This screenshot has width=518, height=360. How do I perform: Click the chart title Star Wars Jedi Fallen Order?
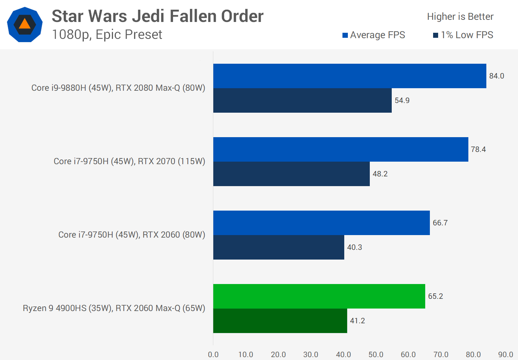[158, 17]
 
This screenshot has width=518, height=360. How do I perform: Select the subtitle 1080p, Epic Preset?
[107, 35]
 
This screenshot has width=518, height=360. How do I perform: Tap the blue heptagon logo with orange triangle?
[25, 24]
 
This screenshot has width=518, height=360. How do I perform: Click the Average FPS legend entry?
[374, 35]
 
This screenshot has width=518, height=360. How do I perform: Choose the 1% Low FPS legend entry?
[463, 35]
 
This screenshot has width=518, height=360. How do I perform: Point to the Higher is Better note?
[460, 17]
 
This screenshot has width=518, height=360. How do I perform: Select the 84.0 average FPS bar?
[350, 76]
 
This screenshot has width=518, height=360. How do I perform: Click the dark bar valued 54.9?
[302, 100]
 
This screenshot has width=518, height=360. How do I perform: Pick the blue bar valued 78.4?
[341, 149]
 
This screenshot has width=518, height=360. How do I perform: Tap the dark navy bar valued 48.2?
[291, 174]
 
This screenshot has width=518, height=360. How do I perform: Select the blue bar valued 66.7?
[321, 223]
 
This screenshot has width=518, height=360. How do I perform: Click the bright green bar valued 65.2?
[319, 296]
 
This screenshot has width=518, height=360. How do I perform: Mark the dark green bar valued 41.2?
[280, 321]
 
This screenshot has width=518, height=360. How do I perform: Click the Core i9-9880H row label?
[118, 88]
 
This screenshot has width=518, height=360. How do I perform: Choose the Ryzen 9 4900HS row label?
[114, 308]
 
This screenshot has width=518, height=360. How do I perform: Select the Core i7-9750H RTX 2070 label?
[129, 161]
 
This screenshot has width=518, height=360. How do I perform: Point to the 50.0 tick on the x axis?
[376, 355]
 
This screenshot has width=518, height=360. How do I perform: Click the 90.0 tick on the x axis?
[505, 355]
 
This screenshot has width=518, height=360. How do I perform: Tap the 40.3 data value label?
[354, 247]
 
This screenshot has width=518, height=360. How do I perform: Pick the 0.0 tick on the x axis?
[213, 355]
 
